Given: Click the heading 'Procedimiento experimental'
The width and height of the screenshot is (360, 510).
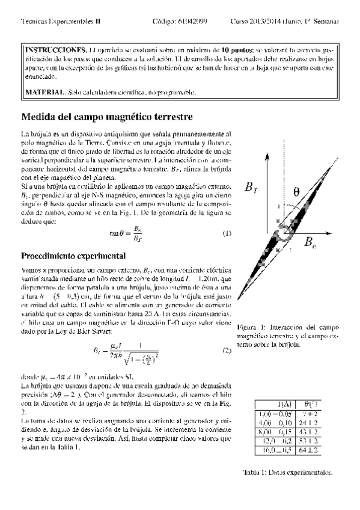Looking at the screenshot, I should tap(73, 256).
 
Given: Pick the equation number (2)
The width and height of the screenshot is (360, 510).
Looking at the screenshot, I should tap(227, 349).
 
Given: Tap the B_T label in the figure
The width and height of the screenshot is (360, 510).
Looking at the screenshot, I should tap(252, 188).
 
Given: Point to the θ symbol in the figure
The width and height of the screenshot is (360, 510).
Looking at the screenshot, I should tap(296, 192).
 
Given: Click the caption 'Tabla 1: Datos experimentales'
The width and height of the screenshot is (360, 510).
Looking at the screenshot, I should tap(287, 472).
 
